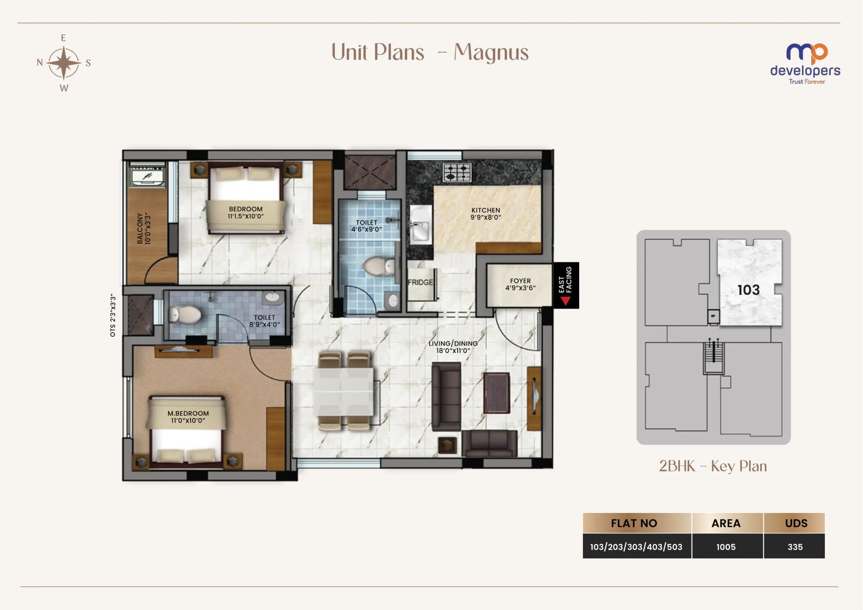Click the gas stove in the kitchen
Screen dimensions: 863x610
click(x=457, y=172)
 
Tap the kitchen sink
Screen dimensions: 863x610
click(x=421, y=225)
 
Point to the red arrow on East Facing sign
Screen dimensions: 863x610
click(x=565, y=300)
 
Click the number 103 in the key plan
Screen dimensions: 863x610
click(x=748, y=290)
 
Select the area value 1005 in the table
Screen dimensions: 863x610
click(x=726, y=547)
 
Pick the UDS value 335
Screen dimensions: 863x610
click(x=795, y=547)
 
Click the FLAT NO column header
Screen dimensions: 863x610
click(x=634, y=523)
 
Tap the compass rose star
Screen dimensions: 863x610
click(x=64, y=63)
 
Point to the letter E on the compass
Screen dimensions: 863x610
click(x=63, y=38)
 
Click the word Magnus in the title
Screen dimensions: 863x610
click(x=491, y=52)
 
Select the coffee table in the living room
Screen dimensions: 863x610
click(x=496, y=393)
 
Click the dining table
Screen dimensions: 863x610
click(x=344, y=391)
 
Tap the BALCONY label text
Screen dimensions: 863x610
click(x=140, y=228)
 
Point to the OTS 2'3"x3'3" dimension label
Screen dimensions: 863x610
click(x=113, y=315)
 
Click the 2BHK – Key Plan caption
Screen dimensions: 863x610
click(x=713, y=466)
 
